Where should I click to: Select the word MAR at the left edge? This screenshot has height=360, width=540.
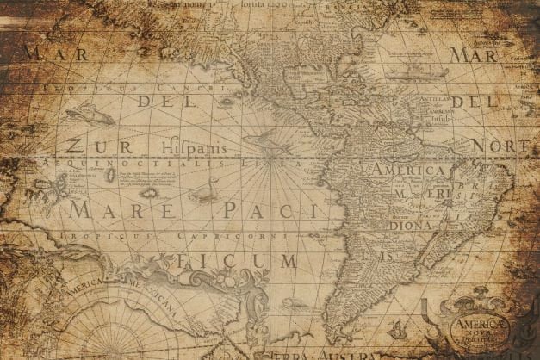43,54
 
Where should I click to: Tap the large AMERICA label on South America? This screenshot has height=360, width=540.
409,171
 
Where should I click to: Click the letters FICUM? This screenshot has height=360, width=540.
234,259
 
